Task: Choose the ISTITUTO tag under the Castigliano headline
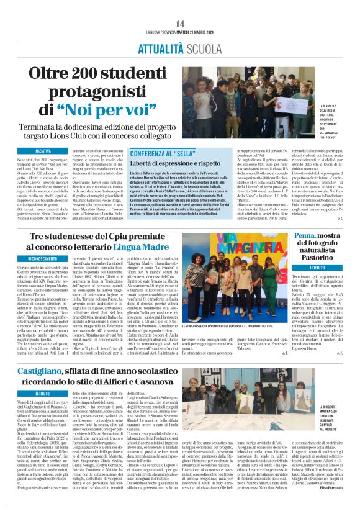pos(43,394)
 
